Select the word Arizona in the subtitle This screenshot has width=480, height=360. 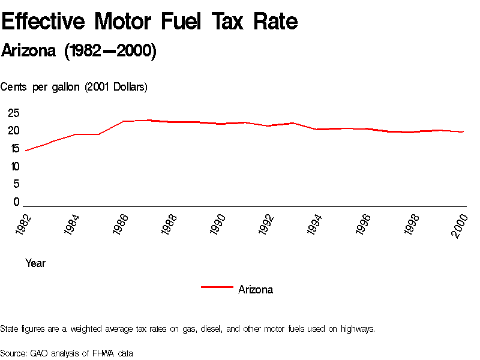pyautogui.click(x=29, y=52)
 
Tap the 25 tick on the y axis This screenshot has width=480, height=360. pyautogui.click(x=14, y=113)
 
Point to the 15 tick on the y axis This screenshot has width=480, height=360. pyautogui.click(x=14, y=149)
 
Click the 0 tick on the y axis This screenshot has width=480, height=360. pyautogui.click(x=17, y=202)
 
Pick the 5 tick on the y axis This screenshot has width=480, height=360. pyautogui.click(x=17, y=184)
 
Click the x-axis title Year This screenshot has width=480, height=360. pyautogui.click(x=35, y=263)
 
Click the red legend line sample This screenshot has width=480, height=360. pyautogui.click(x=217, y=287)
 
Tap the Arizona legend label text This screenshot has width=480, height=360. pyautogui.click(x=256, y=290)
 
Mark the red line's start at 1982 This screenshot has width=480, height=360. pyautogui.click(x=26, y=150)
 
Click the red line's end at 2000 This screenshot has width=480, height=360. pyautogui.click(x=463, y=131)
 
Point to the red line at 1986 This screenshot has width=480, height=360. pyautogui.click(x=123, y=121)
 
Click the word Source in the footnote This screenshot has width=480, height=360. pyautogui.click(x=13, y=353)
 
